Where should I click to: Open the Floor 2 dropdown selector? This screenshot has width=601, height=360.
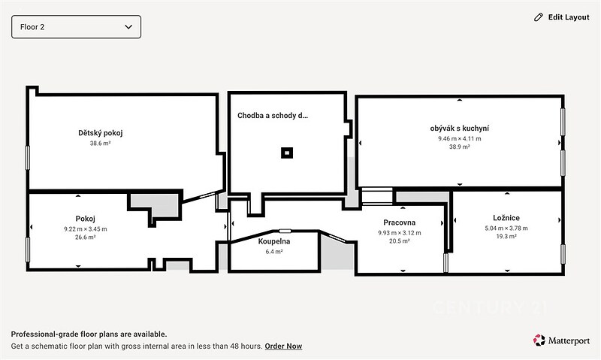(77, 27)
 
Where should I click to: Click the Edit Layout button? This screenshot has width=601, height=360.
(561, 17)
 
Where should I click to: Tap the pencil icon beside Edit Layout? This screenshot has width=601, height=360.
(539, 17)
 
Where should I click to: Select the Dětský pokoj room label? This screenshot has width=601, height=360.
(101, 133)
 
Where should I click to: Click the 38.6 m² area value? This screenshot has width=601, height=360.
(101, 144)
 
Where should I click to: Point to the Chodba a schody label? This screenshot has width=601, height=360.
(273, 116)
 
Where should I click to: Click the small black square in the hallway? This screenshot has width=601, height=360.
(287, 153)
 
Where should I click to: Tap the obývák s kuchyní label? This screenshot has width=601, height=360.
(460, 129)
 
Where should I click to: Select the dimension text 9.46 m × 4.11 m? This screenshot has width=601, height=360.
(460, 139)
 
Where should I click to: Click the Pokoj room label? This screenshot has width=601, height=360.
(85, 219)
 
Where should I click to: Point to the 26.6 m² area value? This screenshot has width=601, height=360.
(86, 237)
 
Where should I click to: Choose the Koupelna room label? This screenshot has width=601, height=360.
(274, 241)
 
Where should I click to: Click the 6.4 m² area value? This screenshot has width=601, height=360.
(274, 252)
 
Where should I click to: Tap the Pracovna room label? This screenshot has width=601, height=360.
(400, 222)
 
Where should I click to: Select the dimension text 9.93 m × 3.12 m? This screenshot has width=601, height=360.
(400, 233)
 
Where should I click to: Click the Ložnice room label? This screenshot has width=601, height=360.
(506, 218)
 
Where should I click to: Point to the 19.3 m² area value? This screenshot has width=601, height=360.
(506, 237)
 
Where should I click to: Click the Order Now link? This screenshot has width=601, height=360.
(283, 346)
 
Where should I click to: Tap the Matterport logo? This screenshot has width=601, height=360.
(561, 340)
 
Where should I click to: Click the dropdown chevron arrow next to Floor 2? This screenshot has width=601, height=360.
(128, 27)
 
